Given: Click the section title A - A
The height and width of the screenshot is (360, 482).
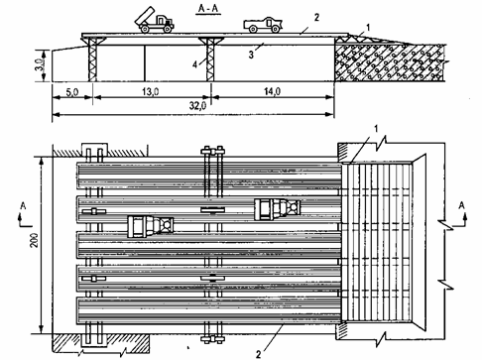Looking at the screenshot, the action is [209, 9].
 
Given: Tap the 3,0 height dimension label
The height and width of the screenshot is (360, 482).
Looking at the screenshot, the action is [39, 64].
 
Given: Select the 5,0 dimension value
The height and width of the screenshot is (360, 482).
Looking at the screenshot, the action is [71, 92].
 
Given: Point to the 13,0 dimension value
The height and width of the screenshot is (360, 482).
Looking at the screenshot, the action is [151, 91].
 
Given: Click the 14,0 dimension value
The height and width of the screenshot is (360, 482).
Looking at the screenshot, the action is [272, 91].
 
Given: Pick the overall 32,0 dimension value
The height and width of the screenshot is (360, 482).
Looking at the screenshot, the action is [197, 106].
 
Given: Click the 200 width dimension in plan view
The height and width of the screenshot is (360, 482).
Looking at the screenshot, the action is [34, 240].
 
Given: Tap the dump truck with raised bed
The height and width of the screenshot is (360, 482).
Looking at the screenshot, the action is [154, 21].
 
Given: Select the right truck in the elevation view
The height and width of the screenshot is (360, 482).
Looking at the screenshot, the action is [263, 25].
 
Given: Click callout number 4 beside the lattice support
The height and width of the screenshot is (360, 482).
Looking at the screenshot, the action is [195, 64].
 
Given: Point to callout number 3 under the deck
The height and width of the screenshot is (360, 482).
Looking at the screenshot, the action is [251, 55].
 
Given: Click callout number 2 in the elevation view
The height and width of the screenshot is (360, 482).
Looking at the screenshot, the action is [316, 18].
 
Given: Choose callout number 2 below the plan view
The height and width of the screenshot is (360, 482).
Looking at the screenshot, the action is [258, 355].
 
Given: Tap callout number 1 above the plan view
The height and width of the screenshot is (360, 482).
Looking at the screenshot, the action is [376, 129].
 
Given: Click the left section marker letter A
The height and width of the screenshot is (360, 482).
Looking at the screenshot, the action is [23, 206].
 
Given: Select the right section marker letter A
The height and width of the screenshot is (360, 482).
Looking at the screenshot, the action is [461, 205].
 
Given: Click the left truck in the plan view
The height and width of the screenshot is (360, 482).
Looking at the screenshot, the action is [151, 226].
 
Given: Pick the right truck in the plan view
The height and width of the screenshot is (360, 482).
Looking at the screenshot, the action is [277, 209].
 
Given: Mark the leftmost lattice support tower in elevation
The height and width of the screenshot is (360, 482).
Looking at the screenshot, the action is [92, 60].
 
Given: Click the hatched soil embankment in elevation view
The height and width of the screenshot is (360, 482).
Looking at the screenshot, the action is [390, 61].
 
